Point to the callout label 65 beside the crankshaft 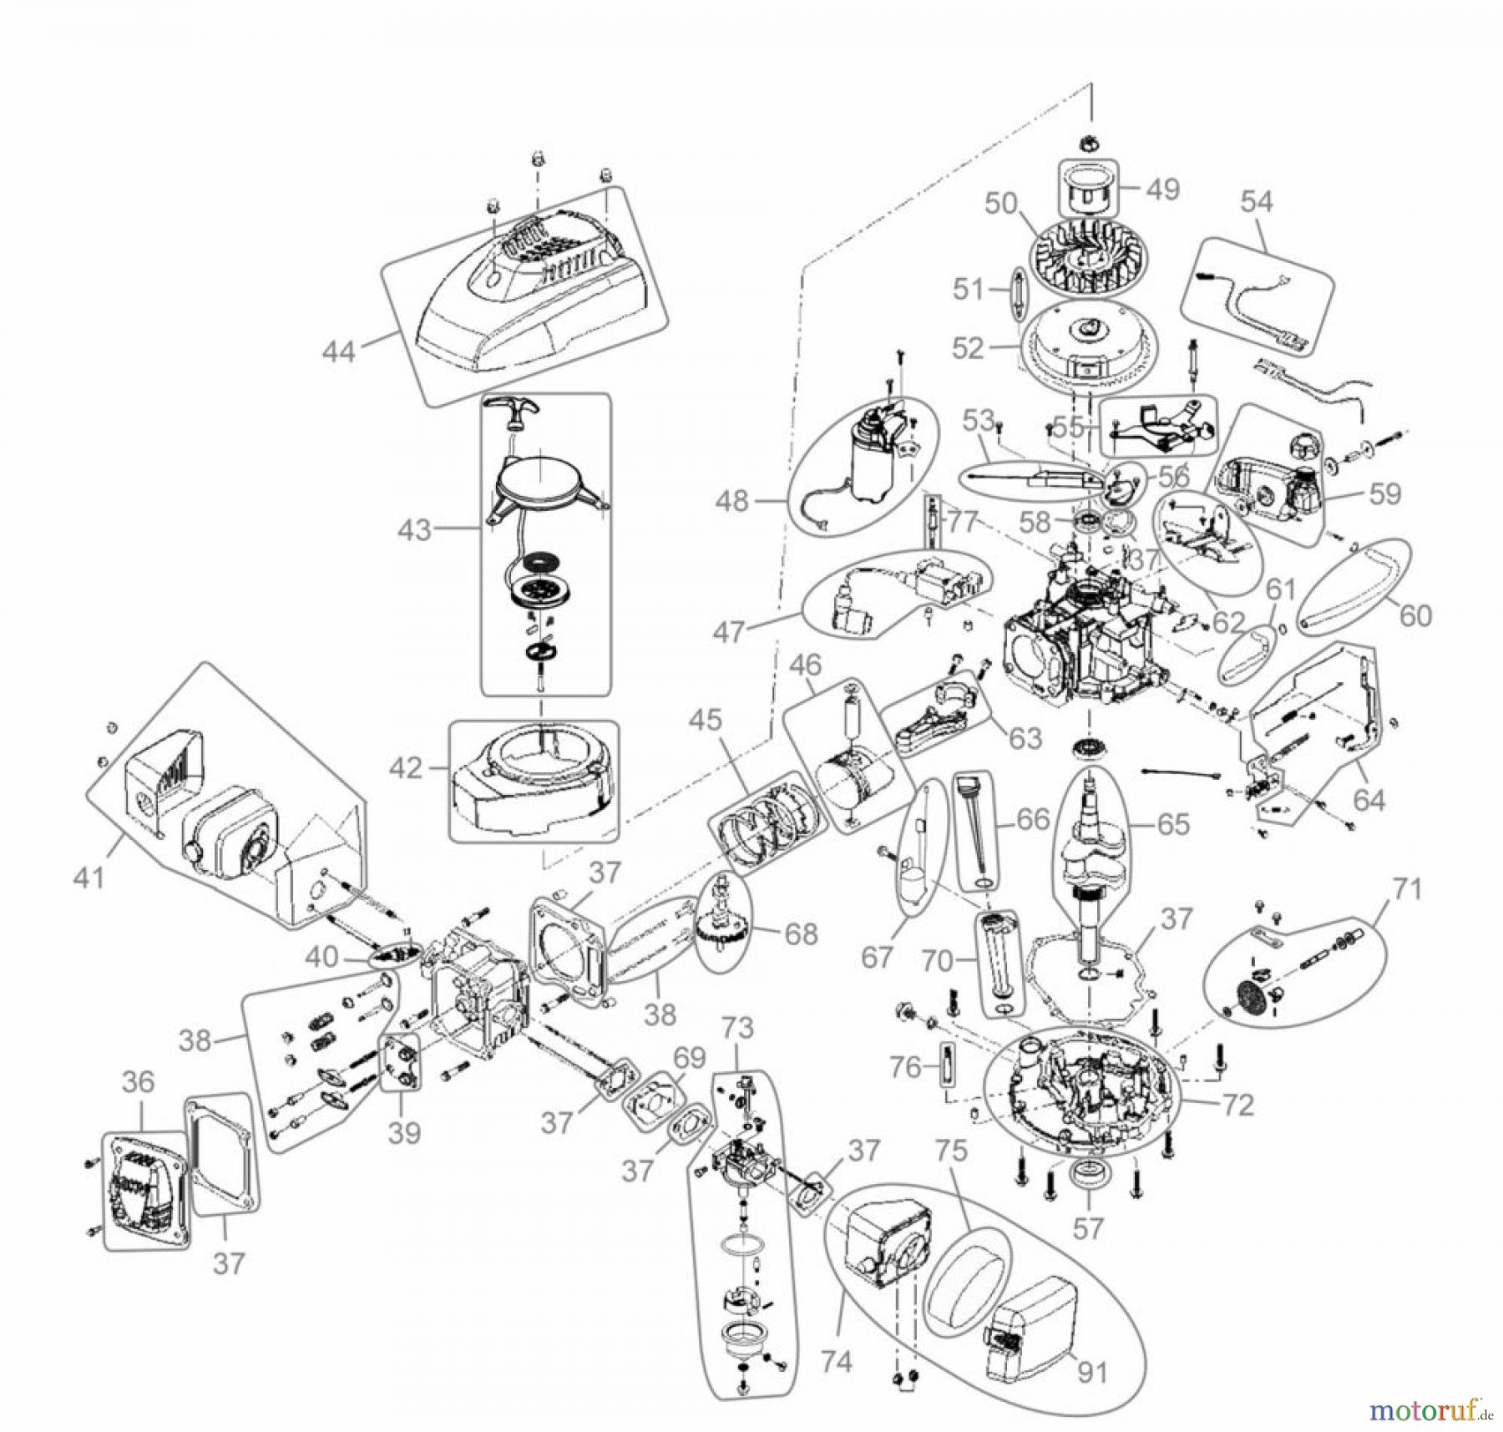[x=1173, y=825]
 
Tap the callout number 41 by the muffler [x=90, y=877]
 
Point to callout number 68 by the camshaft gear [x=802, y=934]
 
